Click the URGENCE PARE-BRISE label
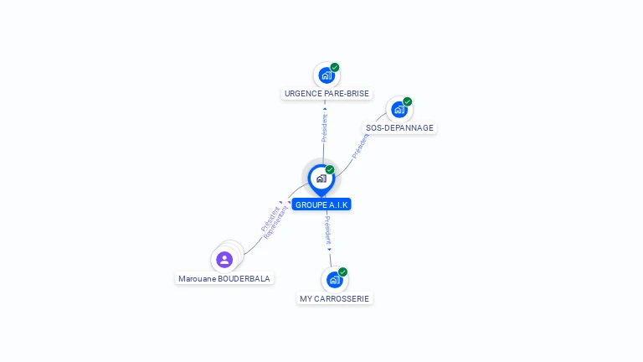tap(327, 94)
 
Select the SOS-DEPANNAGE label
tap(399, 128)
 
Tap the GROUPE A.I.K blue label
tap(321, 204)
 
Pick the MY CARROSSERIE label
tap(334, 298)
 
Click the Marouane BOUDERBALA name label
tap(224, 278)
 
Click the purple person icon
tap(224, 259)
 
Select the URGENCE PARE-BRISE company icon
tap(326, 75)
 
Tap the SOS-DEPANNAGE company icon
tap(399, 110)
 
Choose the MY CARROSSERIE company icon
tap(334, 280)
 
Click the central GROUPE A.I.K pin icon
tap(321, 178)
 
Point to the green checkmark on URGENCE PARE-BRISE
tap(335, 67)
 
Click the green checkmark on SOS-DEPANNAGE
tap(408, 102)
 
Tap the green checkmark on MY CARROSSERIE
tap(343, 271)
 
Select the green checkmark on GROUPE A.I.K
tap(330, 170)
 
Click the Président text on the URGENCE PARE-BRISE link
tap(325, 127)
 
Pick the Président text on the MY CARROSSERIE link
tap(328, 229)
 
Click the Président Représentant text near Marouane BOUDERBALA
tap(274, 221)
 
